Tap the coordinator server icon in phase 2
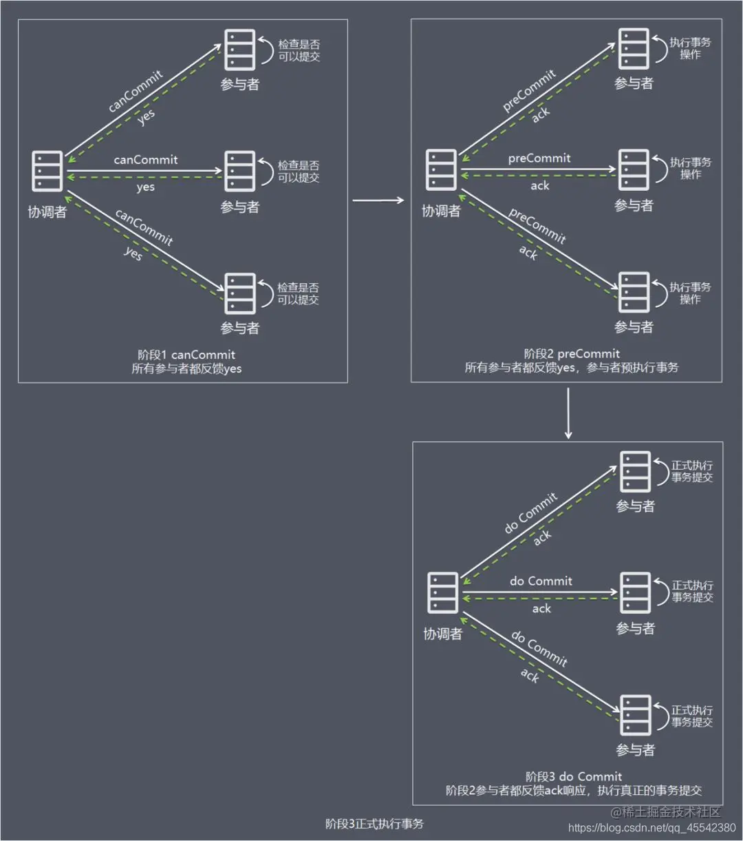[x=441, y=169]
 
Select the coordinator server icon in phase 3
[x=442, y=593]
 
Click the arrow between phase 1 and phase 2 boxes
[x=378, y=200]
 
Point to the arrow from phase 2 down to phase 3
[x=568, y=413]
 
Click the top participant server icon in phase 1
[x=240, y=49]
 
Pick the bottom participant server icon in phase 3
[x=635, y=716]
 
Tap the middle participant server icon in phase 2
[x=634, y=169]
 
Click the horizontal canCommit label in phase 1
[x=146, y=160]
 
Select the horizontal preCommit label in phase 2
[x=539, y=158]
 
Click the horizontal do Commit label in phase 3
[x=541, y=581]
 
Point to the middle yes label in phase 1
[x=146, y=187]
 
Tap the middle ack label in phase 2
[x=540, y=186]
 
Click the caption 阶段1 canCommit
[x=186, y=355]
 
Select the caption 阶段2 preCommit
[x=572, y=354]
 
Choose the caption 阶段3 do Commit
[x=574, y=777]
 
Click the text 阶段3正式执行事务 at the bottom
[x=374, y=824]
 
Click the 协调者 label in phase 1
[x=47, y=211]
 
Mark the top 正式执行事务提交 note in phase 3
[x=692, y=471]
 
